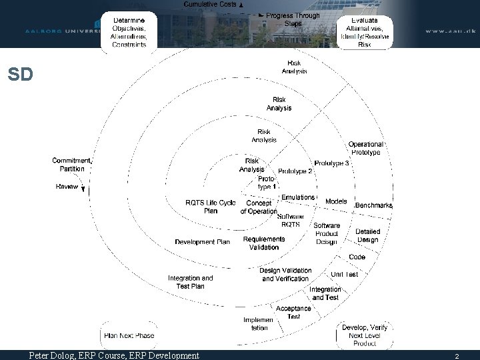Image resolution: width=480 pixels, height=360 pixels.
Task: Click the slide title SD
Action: tap(20, 75)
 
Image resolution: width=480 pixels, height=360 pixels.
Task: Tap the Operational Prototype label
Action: tap(365, 148)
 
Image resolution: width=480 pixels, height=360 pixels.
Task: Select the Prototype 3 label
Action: tap(331, 163)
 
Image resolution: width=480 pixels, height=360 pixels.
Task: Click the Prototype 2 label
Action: tap(295, 171)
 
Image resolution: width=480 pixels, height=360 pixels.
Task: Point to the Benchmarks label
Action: tap(373, 205)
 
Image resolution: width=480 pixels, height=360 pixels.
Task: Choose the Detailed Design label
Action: tap(367, 236)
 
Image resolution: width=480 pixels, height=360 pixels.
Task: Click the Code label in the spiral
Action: tap(357, 257)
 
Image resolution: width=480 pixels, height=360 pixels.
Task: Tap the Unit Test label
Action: tap(344, 274)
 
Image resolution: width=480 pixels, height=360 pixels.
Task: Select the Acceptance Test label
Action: tap(293, 313)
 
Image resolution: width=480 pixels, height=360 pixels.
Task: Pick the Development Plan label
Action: tap(202, 241)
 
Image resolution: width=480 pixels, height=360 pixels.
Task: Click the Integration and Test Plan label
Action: tap(190, 282)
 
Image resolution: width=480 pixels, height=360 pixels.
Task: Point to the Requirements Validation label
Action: tap(264, 243)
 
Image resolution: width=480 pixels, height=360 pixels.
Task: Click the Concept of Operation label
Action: tap(258, 207)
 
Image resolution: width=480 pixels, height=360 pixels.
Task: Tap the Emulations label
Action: tap(297, 197)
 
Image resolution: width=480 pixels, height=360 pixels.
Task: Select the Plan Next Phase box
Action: tap(129, 335)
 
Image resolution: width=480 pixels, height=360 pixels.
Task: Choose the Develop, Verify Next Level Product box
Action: tap(365, 335)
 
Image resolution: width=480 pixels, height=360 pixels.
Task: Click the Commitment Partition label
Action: tap(71, 165)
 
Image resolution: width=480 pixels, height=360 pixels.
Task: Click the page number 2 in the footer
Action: tap(457, 356)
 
